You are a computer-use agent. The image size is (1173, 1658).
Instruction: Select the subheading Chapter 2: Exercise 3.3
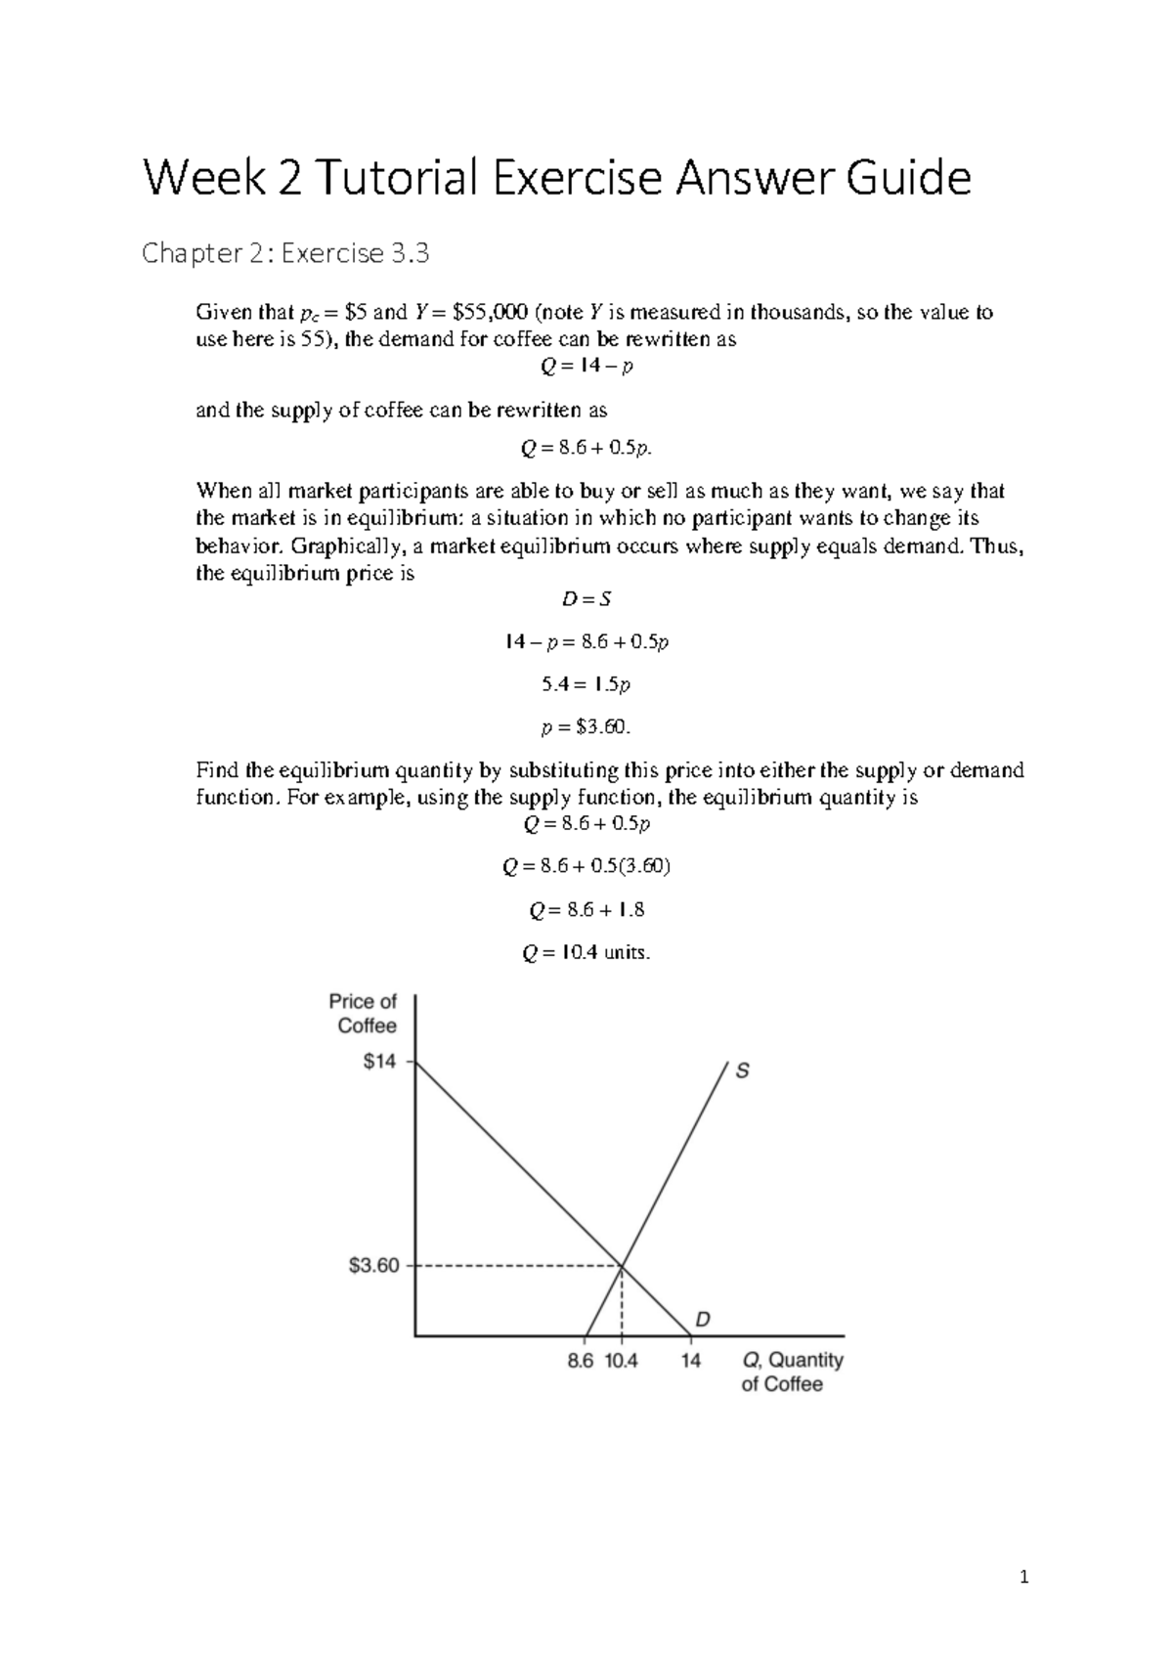pyautogui.click(x=285, y=254)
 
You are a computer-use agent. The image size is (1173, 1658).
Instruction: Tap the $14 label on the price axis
pyautogui.click(x=379, y=1062)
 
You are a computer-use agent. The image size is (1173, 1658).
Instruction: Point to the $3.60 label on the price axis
pyautogui.click(x=374, y=1266)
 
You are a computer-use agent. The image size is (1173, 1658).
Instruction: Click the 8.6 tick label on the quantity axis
pyautogui.click(x=581, y=1361)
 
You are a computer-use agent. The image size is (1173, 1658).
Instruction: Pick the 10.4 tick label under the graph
pyautogui.click(x=622, y=1361)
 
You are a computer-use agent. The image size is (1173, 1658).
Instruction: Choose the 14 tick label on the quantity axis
pyautogui.click(x=691, y=1361)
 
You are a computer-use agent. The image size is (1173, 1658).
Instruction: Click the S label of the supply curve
pyautogui.click(x=743, y=1071)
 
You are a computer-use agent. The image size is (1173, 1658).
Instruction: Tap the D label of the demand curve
pyautogui.click(x=703, y=1320)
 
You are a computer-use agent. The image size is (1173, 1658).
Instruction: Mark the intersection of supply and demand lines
pyautogui.click(x=622, y=1267)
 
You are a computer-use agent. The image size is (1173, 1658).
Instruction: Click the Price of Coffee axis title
pyautogui.click(x=363, y=1014)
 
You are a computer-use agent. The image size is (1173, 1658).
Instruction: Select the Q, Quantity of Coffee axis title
pyautogui.click(x=792, y=1372)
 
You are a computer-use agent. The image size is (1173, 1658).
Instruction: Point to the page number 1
pyautogui.click(x=1023, y=1576)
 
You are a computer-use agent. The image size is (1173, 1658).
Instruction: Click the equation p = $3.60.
pyautogui.click(x=586, y=727)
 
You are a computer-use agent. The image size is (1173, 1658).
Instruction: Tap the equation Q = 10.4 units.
pyautogui.click(x=586, y=953)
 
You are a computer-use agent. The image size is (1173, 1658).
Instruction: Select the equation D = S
pyautogui.click(x=586, y=599)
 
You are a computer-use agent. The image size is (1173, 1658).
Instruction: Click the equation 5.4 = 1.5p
pyautogui.click(x=586, y=684)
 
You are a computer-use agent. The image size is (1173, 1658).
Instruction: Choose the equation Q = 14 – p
pyautogui.click(x=586, y=366)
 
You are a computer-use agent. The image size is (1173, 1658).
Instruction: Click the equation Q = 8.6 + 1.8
pyautogui.click(x=586, y=910)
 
